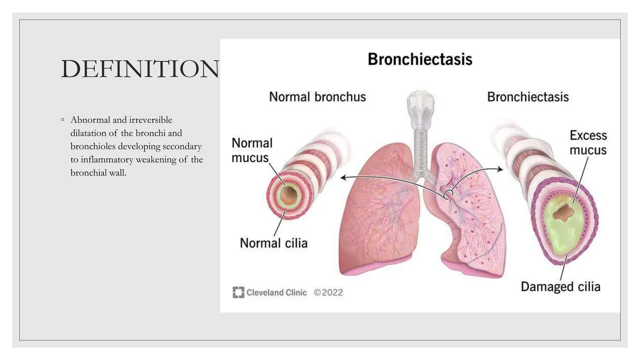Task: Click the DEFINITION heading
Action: [x=140, y=69]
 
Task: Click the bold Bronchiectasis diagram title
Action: [x=420, y=59]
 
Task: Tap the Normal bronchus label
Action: [x=317, y=97]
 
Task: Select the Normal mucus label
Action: [x=252, y=150]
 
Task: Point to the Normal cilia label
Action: [x=273, y=243]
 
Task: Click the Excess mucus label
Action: [x=588, y=143]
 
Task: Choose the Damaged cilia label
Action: [x=560, y=287]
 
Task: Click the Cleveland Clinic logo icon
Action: [x=238, y=292]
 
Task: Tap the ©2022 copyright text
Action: [x=328, y=292]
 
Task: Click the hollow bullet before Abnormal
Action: [x=63, y=120]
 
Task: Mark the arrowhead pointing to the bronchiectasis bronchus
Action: [x=501, y=169]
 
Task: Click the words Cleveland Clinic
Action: [x=277, y=292]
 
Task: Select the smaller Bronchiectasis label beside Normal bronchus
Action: [x=528, y=97]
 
